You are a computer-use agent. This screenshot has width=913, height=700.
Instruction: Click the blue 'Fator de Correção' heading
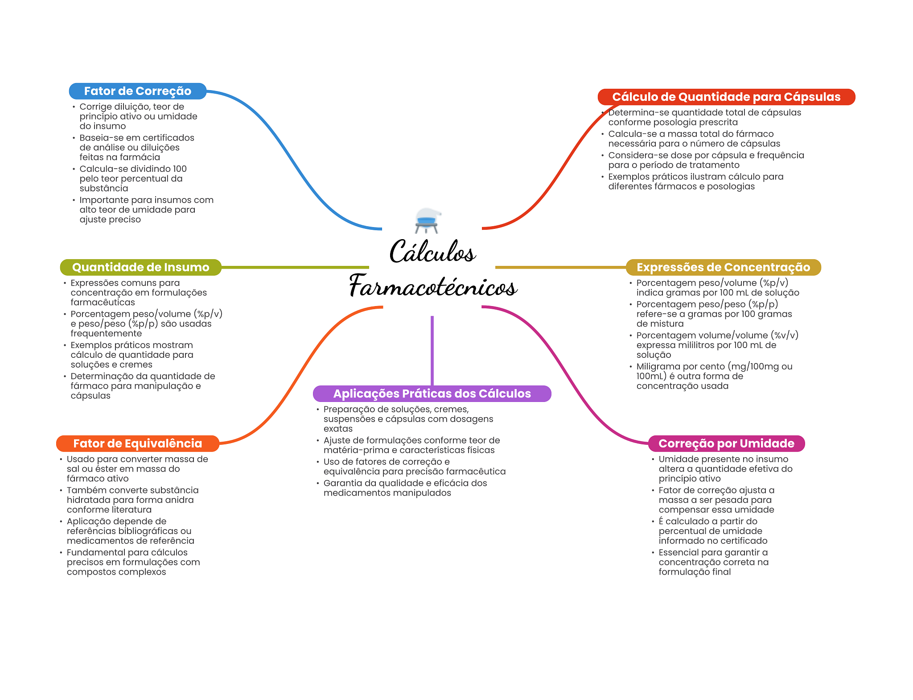tap(137, 91)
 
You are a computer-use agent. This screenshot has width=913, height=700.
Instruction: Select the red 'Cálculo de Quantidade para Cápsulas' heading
tap(726, 97)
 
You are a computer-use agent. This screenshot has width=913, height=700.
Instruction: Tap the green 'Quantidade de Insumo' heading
tap(140, 267)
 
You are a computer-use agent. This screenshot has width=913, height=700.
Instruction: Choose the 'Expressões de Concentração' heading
tap(723, 267)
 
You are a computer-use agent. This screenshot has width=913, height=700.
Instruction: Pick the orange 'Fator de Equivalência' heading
tap(137, 443)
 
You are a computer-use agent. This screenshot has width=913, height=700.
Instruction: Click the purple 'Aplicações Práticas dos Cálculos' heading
tap(432, 393)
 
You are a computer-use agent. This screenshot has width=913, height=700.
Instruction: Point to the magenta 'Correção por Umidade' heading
tap(726, 443)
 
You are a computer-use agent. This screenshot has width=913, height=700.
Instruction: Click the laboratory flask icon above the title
tap(427, 220)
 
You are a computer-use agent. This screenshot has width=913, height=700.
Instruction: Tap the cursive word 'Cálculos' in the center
tap(432, 251)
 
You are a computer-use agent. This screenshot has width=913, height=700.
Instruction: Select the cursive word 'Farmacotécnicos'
tap(433, 286)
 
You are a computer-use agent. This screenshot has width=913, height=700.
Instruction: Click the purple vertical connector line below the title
tap(432, 351)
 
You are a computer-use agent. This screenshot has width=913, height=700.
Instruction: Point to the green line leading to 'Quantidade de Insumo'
tap(295, 267)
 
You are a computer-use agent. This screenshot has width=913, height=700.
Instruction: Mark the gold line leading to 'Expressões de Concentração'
tap(560, 267)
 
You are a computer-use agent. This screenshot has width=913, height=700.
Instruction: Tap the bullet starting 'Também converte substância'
tap(129, 500)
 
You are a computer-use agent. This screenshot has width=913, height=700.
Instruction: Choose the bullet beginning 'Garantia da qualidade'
tap(402, 488)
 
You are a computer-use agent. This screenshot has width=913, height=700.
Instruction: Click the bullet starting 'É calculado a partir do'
tap(710, 531)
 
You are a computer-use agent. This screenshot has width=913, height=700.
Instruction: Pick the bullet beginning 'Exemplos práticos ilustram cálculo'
tap(692, 182)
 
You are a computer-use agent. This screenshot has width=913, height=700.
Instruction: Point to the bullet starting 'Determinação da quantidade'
tap(139, 386)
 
